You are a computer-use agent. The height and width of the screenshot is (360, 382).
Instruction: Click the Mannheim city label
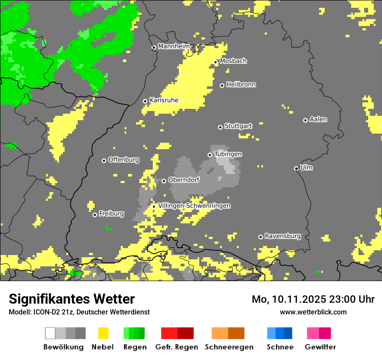[x=174, y=46]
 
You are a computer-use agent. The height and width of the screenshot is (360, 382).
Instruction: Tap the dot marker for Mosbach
[x=215, y=62]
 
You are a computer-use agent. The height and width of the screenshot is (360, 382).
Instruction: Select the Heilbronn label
[x=241, y=85]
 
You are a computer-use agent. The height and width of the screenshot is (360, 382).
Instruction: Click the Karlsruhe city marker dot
[x=145, y=101]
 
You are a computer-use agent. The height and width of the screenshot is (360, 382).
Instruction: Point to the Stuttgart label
[x=238, y=126]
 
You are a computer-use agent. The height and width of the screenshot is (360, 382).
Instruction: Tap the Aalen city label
[x=318, y=119]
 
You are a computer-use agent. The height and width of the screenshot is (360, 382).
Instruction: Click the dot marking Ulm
[x=296, y=168]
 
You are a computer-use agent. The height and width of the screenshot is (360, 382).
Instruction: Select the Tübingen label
[x=228, y=154]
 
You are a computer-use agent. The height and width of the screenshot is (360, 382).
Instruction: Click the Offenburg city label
[x=123, y=160]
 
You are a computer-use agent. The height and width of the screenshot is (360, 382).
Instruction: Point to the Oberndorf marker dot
[x=164, y=181]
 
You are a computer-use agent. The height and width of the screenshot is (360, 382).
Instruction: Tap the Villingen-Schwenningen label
[x=194, y=206]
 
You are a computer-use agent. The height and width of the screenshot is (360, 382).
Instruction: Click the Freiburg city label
[x=111, y=213]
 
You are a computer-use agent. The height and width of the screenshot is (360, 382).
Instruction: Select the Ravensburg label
[x=283, y=236]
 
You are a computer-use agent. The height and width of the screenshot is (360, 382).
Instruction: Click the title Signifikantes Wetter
[x=72, y=299]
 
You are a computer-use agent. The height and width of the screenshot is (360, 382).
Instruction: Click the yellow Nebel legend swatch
[x=103, y=333]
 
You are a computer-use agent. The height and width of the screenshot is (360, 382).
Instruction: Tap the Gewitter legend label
[x=320, y=347]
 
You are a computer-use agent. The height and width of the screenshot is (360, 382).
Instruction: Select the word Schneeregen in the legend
[x=229, y=347]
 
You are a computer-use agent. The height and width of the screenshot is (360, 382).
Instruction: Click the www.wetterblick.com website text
[x=313, y=312]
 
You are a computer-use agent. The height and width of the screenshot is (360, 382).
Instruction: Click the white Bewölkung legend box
[x=50, y=333]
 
